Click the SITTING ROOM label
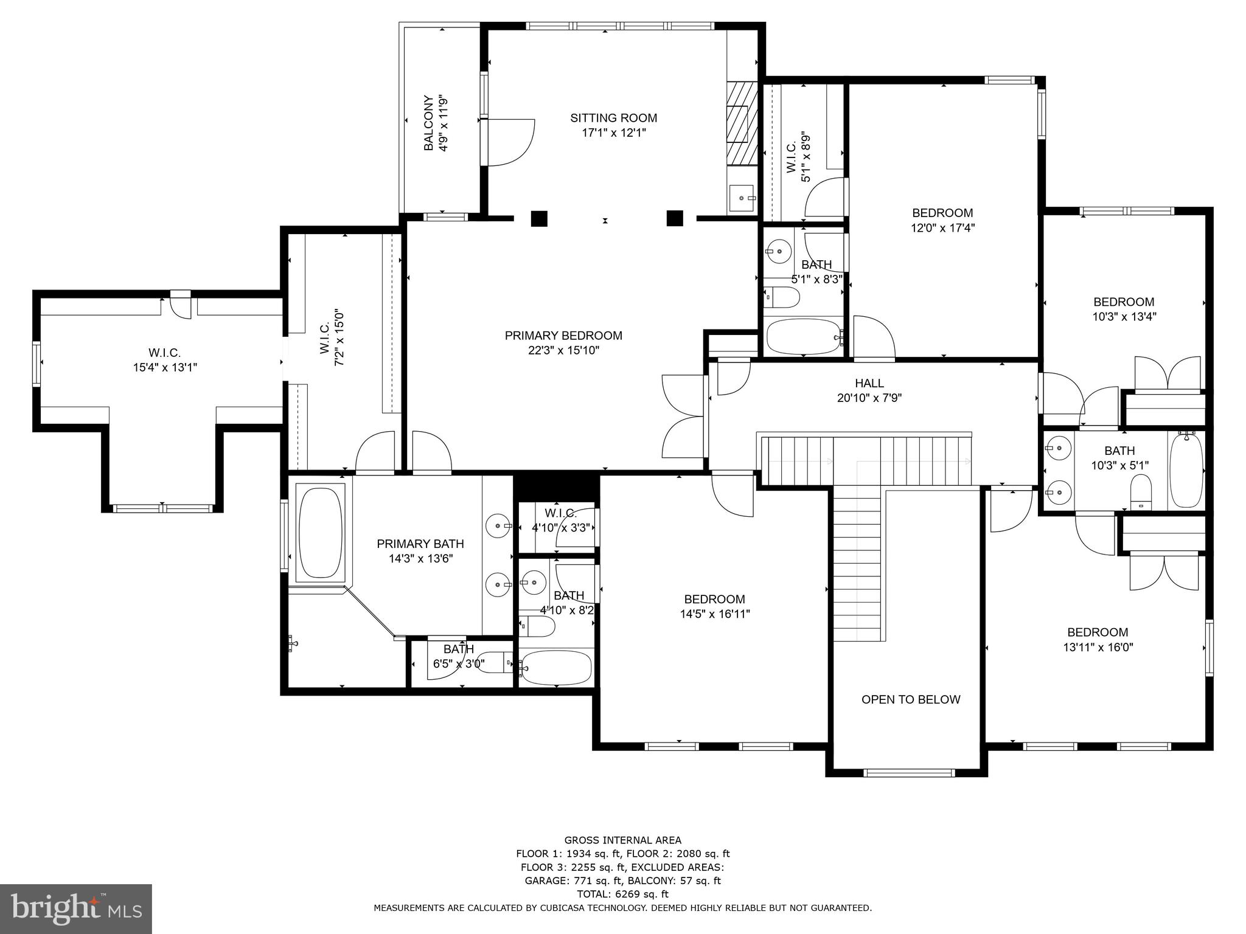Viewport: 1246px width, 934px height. point(613,118)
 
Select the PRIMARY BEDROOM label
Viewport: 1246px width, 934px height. point(563,336)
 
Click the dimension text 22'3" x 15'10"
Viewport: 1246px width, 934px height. point(563,351)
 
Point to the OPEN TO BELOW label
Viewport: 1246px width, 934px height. point(911,699)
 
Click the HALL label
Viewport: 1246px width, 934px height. point(869,383)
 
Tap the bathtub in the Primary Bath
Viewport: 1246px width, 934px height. point(321,531)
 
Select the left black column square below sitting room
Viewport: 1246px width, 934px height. point(539,218)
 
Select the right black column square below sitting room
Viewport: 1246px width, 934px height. point(675,218)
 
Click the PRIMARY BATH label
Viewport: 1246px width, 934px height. point(420,544)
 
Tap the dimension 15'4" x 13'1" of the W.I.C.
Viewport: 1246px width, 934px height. point(165,367)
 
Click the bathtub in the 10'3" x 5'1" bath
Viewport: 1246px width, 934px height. point(1186,469)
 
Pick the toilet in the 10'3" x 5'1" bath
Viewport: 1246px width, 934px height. point(1141,490)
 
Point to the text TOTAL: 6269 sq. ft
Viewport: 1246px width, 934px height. point(622,894)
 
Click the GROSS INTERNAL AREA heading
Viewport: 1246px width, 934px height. point(622,840)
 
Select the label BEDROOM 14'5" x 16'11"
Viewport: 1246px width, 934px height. point(714,606)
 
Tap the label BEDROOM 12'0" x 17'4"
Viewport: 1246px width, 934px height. point(942,220)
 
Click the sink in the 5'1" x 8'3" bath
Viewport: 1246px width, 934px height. point(778,250)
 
